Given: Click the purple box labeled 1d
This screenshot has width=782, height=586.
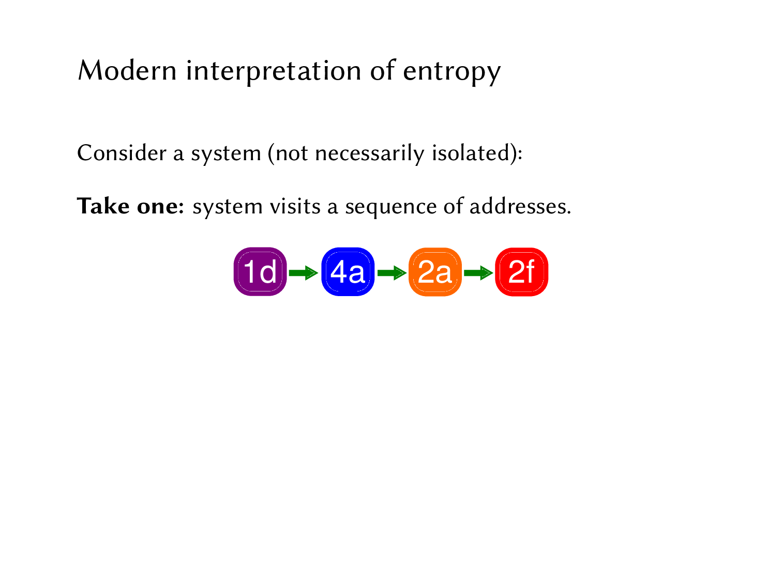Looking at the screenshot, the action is [x=260, y=272].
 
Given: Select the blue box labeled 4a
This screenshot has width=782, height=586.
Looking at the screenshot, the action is [x=348, y=272].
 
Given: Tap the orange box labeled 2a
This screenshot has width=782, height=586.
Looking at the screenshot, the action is [x=435, y=272].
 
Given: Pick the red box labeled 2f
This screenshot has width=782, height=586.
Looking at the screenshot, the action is [x=521, y=272].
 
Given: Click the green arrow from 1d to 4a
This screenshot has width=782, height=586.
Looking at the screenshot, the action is [x=304, y=272].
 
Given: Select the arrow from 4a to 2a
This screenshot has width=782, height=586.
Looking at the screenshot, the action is [x=392, y=272].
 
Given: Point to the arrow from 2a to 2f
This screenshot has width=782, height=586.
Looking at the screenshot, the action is [x=478, y=272].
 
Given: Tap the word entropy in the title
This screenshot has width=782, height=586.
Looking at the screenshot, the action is [x=452, y=71].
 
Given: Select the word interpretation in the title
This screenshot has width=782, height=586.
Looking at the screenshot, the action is [x=274, y=71].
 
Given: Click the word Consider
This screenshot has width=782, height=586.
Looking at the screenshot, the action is [x=122, y=153].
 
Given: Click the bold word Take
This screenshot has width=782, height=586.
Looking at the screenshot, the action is [x=103, y=206].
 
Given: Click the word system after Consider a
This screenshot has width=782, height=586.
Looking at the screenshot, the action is [x=226, y=154].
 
